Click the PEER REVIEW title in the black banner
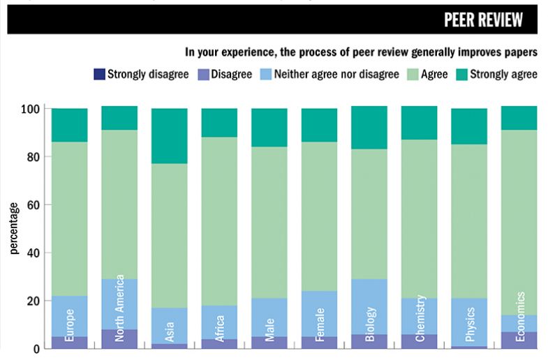pyautogui.click(x=483, y=20)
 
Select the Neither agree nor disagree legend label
pyautogui.click(x=336, y=74)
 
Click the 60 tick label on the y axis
pyautogui.click(x=30, y=205)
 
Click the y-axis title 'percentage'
pyautogui.click(x=13, y=228)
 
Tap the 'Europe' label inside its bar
pyautogui.click(x=70, y=326)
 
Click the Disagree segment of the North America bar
pyautogui.click(x=119, y=339)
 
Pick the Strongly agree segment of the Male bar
pyautogui.click(x=269, y=128)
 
